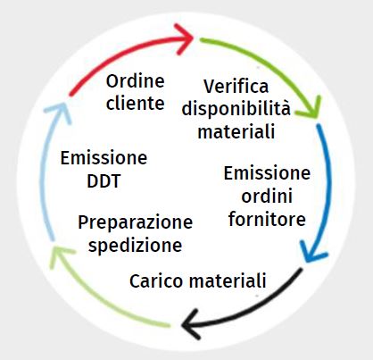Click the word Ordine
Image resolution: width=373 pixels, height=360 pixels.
[x=136, y=81]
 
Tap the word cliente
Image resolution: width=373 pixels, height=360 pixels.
[x=136, y=103]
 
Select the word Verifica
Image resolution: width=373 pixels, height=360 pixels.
[x=236, y=86]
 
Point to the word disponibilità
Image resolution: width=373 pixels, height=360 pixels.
[x=236, y=108]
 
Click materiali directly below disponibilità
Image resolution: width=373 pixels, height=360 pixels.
[x=236, y=131]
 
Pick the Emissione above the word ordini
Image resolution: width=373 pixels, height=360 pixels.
[x=267, y=173]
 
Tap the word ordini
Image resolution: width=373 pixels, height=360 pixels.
[x=267, y=196]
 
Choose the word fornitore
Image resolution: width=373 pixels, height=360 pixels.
[x=267, y=219]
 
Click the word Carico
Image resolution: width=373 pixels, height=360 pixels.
[x=156, y=280]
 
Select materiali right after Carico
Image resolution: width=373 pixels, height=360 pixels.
[x=228, y=280]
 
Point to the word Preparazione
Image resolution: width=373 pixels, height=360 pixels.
[x=136, y=222]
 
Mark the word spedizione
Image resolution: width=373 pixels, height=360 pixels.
[x=136, y=246]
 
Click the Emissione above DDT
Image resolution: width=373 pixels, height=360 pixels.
[x=104, y=158]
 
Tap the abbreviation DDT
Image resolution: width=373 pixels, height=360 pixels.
[x=104, y=180]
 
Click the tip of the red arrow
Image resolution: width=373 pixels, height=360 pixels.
[x=194, y=38]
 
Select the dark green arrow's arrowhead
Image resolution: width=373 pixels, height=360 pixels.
[x=317, y=118]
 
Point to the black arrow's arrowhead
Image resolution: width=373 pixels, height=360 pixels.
[x=182, y=325]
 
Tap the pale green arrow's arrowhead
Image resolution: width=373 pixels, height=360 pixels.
[x=54, y=247]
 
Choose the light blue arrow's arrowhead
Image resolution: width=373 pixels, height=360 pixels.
[x=64, y=103]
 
